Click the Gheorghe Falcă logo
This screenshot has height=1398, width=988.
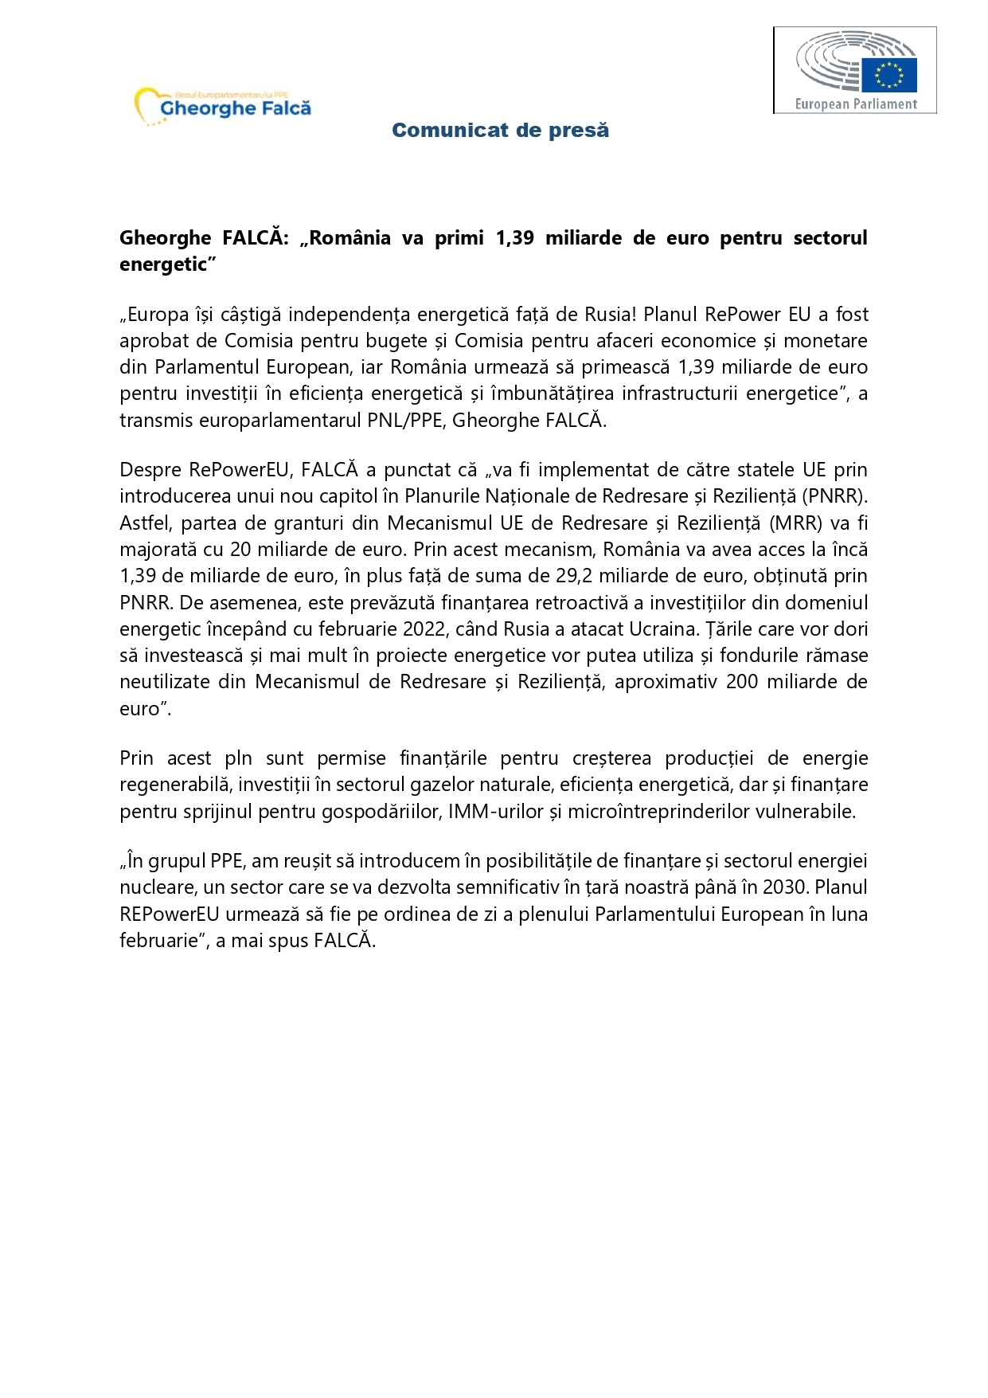(224, 106)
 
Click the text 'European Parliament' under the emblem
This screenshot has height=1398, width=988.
(856, 104)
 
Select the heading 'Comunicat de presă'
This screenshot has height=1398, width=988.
(500, 130)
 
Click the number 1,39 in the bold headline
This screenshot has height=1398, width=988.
(514, 238)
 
